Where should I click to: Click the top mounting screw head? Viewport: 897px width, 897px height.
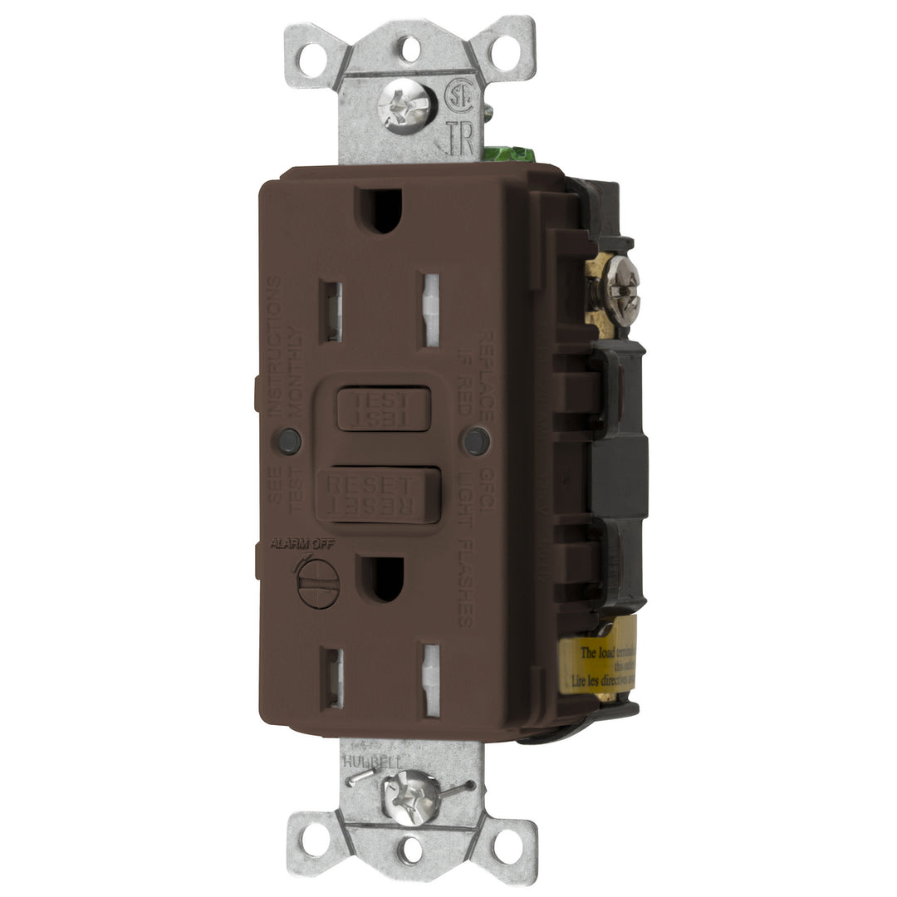pyautogui.click(x=407, y=107)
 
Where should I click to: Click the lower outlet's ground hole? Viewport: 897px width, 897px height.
pyautogui.click(x=383, y=579)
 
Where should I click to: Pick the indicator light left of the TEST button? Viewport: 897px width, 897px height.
pyautogui.click(x=289, y=441)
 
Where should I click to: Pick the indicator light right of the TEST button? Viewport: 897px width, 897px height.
pyautogui.click(x=476, y=441)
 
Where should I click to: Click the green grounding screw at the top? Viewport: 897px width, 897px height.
pyautogui.click(x=508, y=154)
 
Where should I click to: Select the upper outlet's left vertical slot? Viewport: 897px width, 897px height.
pyautogui.click(x=331, y=311)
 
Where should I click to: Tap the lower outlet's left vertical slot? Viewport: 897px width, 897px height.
pyautogui.click(x=333, y=678)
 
